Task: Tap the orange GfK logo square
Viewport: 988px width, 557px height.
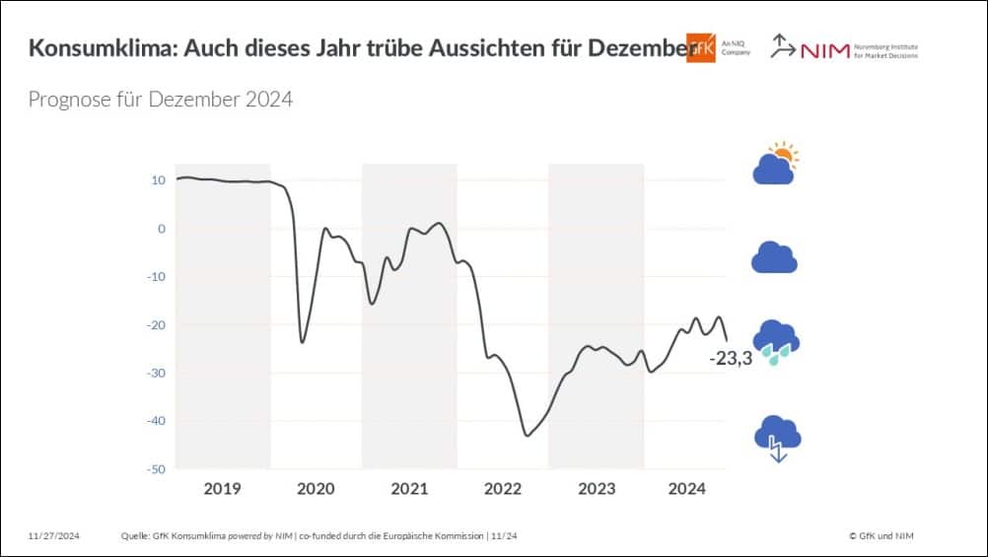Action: [700, 47]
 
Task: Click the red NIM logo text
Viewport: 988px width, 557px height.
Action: [824, 50]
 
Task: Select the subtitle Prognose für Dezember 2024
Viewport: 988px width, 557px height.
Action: [160, 100]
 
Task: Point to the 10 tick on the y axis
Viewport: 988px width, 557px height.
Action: [158, 180]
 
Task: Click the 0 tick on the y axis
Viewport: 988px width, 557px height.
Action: [162, 229]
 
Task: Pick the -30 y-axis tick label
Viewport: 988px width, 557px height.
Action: [155, 373]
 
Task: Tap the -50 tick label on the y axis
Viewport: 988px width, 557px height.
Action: [155, 468]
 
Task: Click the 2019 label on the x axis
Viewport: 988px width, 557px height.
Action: [223, 489]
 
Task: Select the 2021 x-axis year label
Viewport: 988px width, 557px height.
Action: [409, 489]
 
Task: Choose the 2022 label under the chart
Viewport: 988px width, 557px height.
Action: [502, 489]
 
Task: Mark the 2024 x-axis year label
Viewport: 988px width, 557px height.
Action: [687, 489]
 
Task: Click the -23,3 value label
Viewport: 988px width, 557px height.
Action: [731, 359]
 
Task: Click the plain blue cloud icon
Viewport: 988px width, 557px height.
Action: [774, 257]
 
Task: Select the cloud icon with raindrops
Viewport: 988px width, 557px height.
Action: [775, 342]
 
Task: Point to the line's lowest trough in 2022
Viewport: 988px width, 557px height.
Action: [527, 435]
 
